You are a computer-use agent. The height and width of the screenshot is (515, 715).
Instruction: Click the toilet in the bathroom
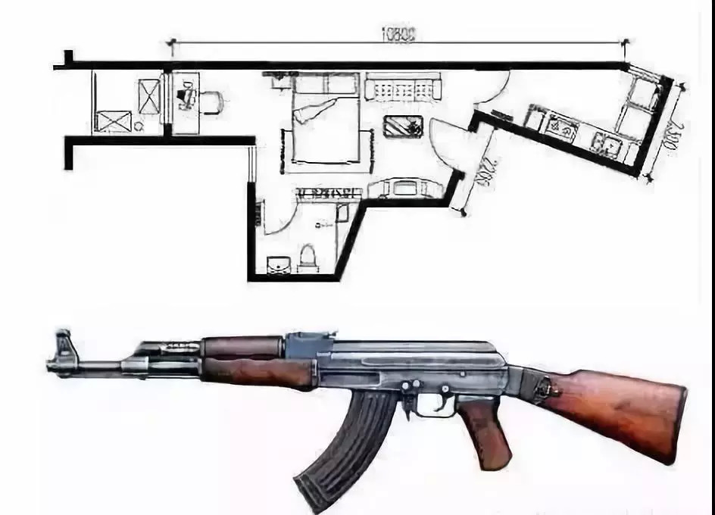click(308, 257)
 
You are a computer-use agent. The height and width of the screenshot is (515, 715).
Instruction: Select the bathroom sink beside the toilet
click(277, 264)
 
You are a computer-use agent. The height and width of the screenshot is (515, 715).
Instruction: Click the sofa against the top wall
click(402, 88)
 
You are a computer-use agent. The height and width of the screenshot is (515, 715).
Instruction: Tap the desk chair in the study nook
click(211, 100)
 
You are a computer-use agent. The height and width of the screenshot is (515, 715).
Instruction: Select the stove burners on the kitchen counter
click(607, 144)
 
